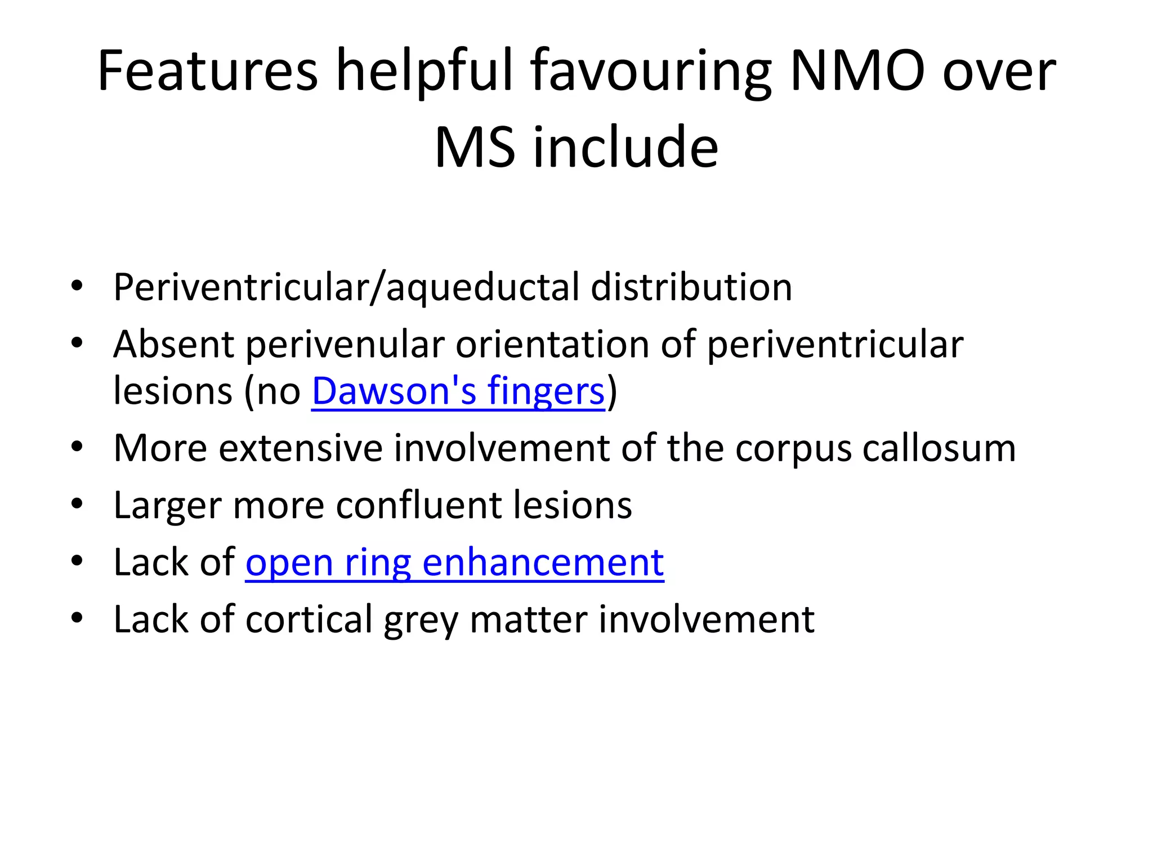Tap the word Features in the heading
208,72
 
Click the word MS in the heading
474,148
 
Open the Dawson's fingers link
458,391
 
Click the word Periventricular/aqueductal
346,287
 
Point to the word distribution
691,287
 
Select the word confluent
419,505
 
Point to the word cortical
309,619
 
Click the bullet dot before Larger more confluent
77,503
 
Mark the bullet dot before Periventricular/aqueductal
77,285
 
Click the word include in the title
625,148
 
